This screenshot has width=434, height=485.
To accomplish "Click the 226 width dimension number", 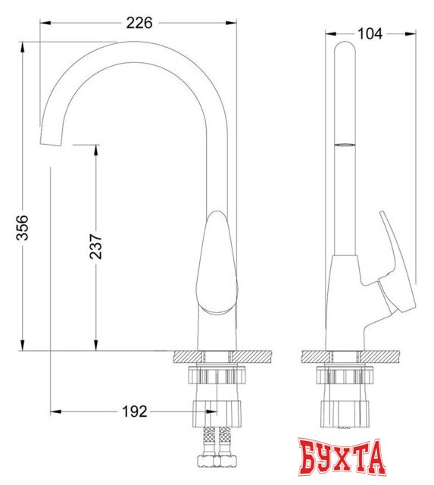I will click(x=139, y=23).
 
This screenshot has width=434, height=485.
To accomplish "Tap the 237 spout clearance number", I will click(x=96, y=246).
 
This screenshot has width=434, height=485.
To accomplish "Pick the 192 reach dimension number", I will click(x=133, y=411).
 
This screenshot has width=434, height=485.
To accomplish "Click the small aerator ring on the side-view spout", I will click(x=344, y=142).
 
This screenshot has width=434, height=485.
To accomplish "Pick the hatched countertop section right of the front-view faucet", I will click(x=253, y=357).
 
